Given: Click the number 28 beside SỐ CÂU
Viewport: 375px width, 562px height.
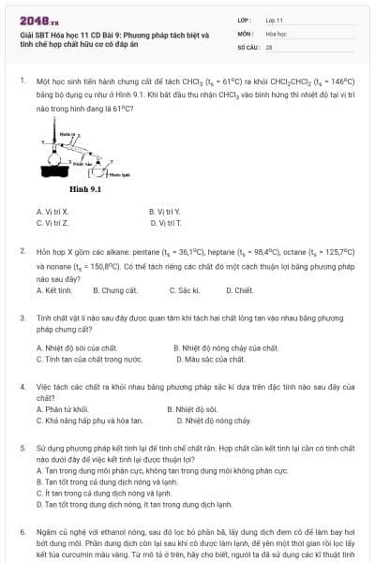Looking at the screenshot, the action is point(269,46).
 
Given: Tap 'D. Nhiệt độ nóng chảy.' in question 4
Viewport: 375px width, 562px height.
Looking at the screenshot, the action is point(209,421).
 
